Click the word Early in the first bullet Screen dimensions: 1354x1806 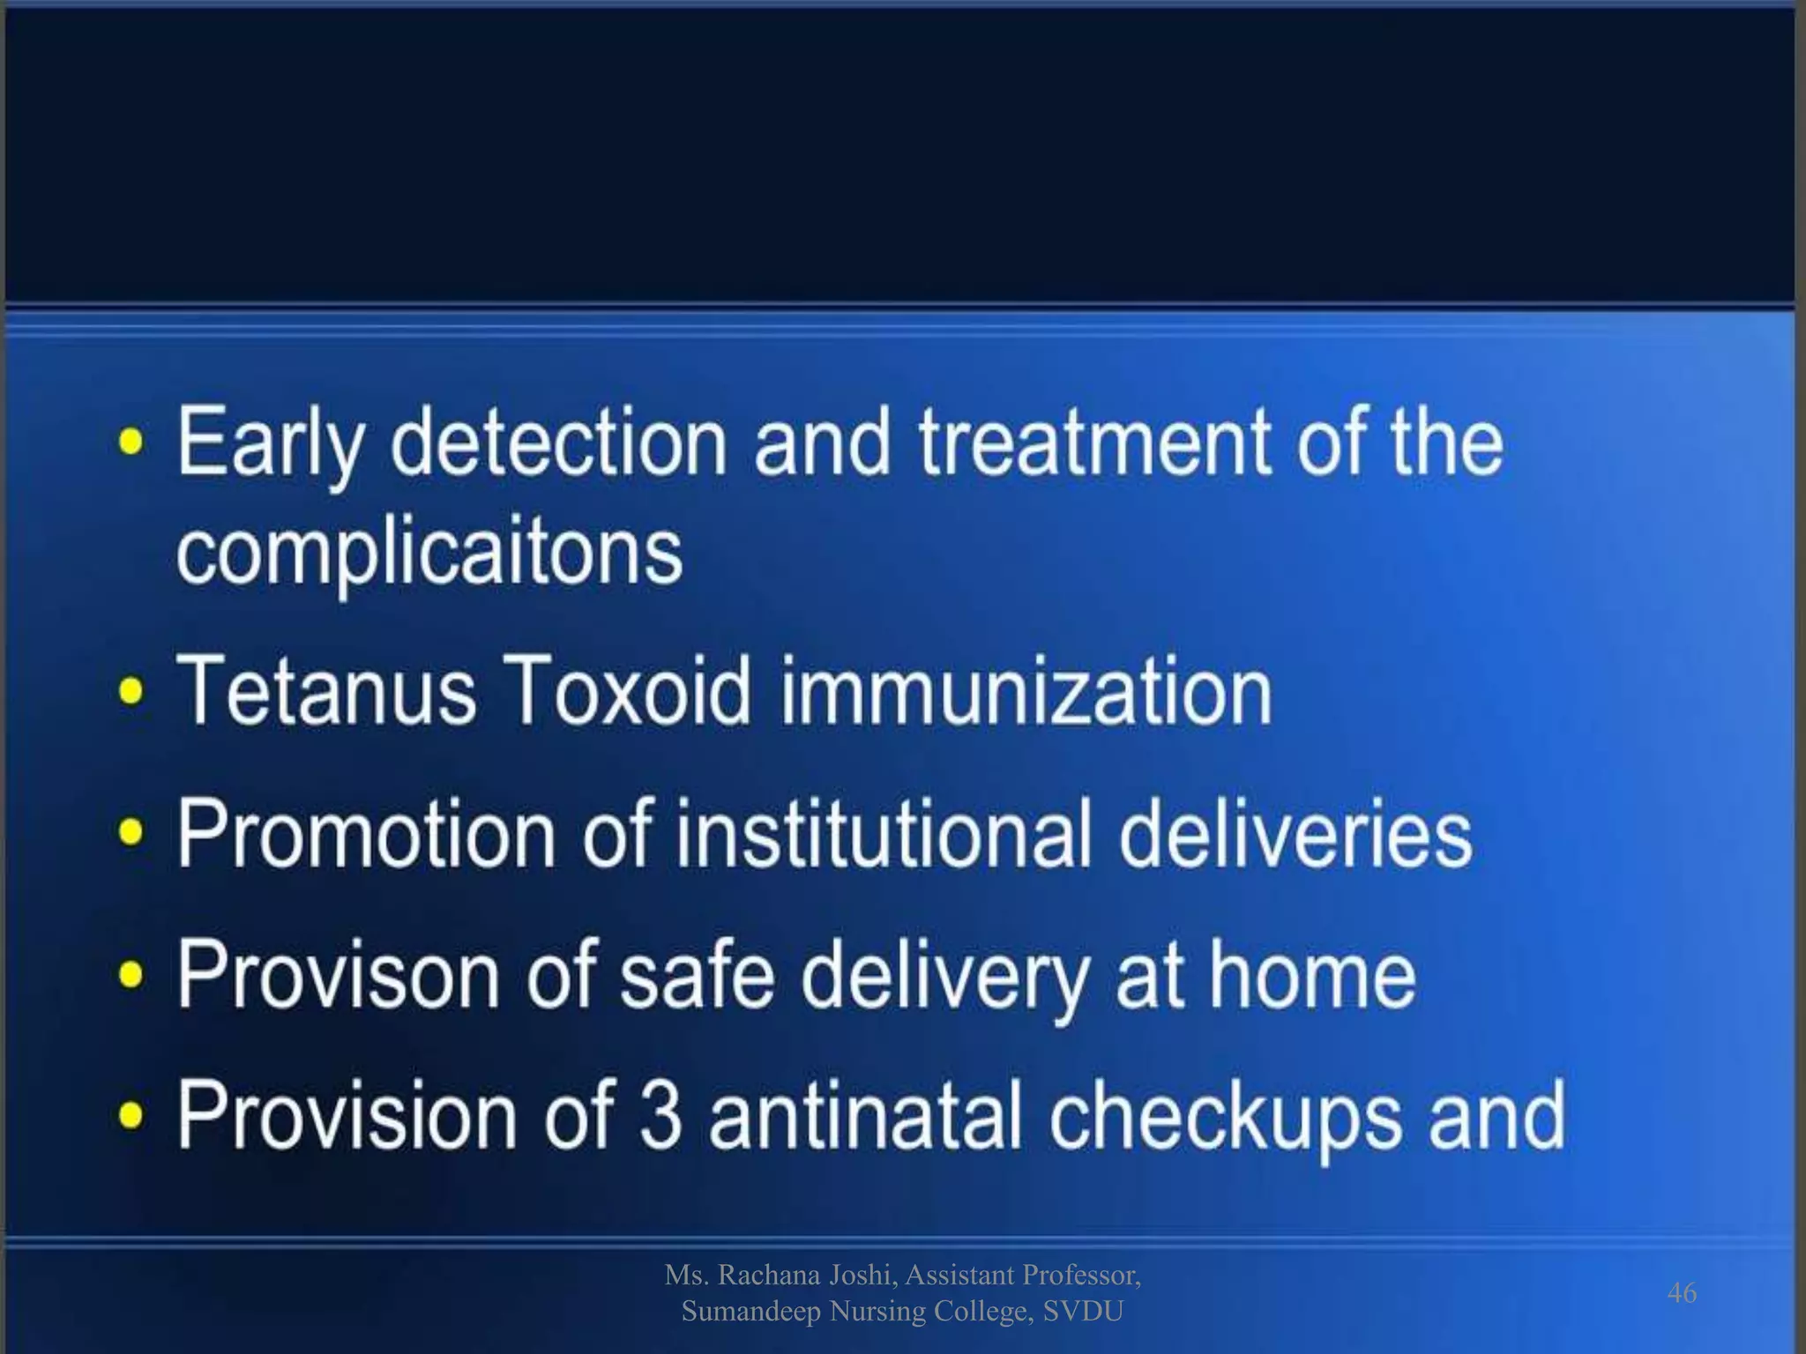[x=269, y=443]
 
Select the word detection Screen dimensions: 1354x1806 [x=558, y=442]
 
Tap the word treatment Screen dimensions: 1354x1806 [x=1093, y=442]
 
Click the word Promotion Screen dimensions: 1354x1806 [x=366, y=833]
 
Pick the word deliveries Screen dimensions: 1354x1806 [x=1295, y=833]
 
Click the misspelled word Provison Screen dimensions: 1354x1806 [x=338, y=974]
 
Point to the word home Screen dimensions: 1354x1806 [x=1312, y=974]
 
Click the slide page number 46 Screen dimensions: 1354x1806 [x=1682, y=1292]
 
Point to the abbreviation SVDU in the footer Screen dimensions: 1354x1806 [x=1083, y=1312]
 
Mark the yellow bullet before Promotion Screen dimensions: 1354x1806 [x=131, y=833]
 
